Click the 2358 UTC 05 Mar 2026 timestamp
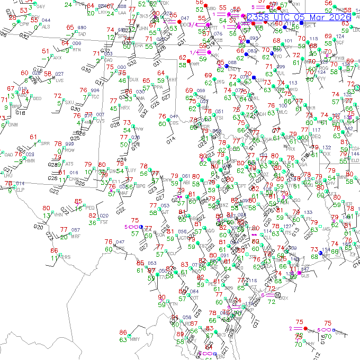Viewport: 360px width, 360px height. coord(299,17)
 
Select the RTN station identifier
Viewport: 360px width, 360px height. coord(77,50)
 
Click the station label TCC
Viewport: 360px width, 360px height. coord(95,96)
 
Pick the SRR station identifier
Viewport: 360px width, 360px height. coord(46,143)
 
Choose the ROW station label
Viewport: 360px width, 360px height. coord(69,150)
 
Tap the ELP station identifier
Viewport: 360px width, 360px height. coord(20,189)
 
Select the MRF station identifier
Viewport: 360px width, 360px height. coord(76,236)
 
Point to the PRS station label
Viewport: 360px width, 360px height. coord(65,257)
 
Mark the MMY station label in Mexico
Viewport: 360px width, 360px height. coord(134,339)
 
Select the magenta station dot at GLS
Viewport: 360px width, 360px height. coord(300,273)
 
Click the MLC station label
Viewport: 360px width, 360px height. coord(283,112)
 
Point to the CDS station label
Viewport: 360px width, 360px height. coord(173,123)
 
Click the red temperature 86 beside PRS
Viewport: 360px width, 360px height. coord(54,250)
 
